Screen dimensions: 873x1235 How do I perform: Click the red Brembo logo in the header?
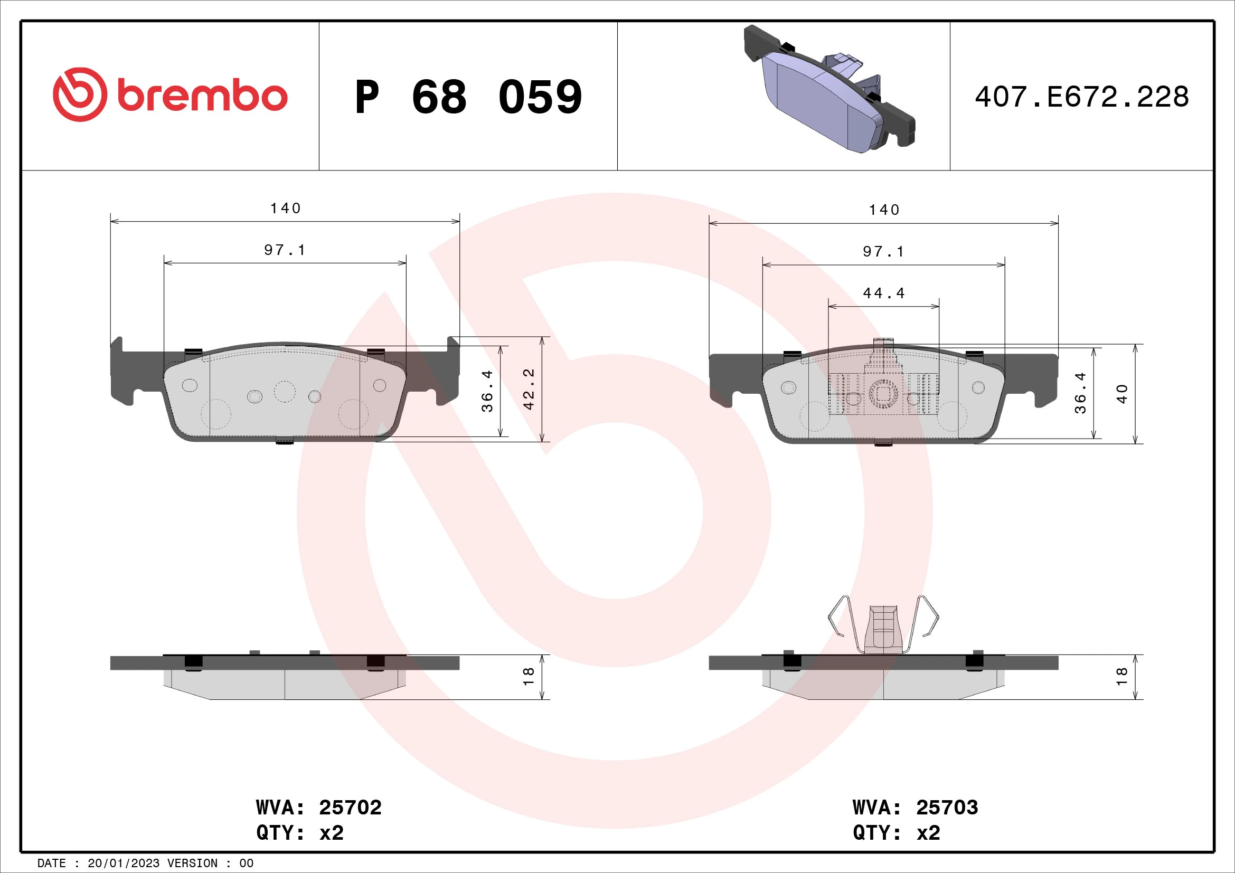[170, 95]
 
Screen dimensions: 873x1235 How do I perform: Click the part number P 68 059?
[468, 97]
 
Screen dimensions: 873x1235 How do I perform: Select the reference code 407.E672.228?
[1081, 97]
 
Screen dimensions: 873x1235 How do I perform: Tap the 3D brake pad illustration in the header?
[828, 90]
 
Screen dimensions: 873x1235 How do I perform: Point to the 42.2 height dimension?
[529, 388]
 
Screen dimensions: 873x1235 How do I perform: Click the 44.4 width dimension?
[884, 293]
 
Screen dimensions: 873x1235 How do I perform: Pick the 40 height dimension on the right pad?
[1122, 394]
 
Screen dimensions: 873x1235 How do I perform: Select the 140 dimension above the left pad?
[285, 208]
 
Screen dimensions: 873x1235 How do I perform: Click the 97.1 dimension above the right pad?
[884, 252]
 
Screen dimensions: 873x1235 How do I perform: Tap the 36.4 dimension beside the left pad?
[487, 391]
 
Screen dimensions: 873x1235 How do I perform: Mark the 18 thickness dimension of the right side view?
[1122, 676]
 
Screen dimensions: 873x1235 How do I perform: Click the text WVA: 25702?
[318, 808]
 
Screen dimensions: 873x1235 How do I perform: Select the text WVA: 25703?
[915, 808]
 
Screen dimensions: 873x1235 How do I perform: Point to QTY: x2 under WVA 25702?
[299, 833]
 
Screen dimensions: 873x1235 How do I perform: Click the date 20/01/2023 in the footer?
[123, 863]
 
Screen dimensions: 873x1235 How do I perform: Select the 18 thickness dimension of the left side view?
[529, 676]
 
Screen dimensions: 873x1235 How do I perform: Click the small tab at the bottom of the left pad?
[285, 442]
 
